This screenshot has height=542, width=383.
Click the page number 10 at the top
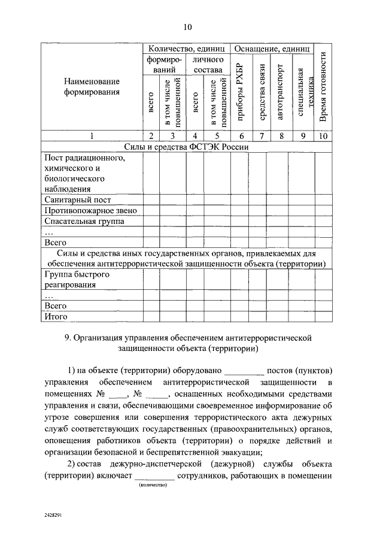tap(187, 27)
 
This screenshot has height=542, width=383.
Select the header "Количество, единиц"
tap(186, 48)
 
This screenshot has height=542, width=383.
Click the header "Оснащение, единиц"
tap(272, 48)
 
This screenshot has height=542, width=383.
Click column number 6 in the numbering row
tap(241, 136)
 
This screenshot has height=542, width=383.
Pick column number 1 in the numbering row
tap(92, 136)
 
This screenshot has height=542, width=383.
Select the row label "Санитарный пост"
tap(77, 200)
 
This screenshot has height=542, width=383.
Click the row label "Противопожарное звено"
tap(91, 211)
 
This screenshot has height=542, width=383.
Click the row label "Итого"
tap(56, 316)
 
